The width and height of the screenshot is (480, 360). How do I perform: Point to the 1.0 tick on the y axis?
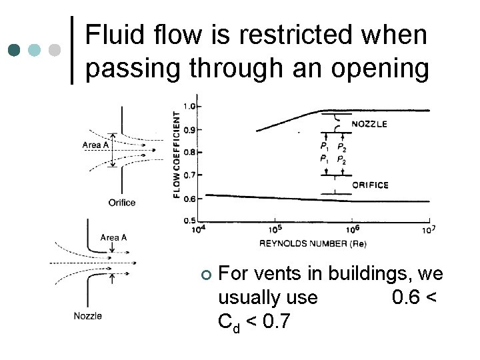pos(189,106)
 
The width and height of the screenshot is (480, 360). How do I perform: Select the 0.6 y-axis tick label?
pos(189,199)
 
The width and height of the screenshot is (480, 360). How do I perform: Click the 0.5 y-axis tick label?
pos(189,221)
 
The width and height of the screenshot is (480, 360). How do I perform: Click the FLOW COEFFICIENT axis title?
pos(177,153)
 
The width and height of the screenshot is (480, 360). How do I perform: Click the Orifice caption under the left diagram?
pos(121,203)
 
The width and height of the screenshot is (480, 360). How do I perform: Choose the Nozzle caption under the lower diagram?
pos(88,315)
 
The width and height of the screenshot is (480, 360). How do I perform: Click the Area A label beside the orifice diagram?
pos(96,145)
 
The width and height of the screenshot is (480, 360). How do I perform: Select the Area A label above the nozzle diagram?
pos(113,237)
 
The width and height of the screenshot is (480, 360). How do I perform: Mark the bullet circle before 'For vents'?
pos(206,275)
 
